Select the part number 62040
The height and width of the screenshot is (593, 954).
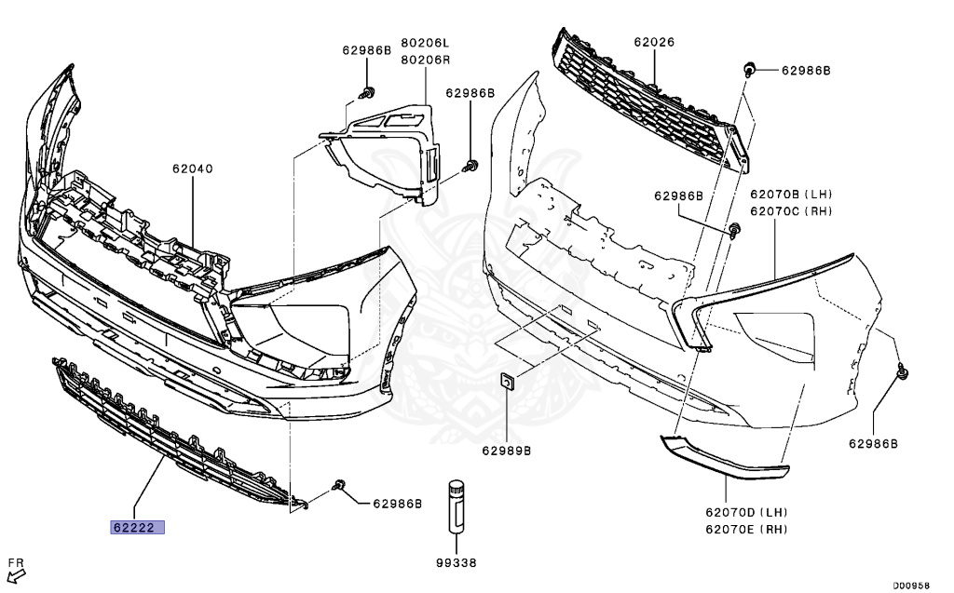pyautogui.click(x=192, y=169)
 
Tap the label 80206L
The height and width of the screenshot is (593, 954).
pyautogui.click(x=425, y=44)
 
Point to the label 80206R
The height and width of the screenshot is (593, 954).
pyautogui.click(x=425, y=60)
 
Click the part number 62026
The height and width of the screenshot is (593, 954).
pyautogui.click(x=654, y=42)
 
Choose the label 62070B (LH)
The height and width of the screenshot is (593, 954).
pyautogui.click(x=791, y=195)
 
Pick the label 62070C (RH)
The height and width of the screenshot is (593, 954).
pyautogui.click(x=791, y=210)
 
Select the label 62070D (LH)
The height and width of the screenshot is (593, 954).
pyautogui.click(x=746, y=513)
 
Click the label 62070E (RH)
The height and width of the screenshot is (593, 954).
pyautogui.click(x=746, y=529)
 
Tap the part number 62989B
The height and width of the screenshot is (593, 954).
pyautogui.click(x=506, y=451)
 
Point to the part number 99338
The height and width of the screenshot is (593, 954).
pyautogui.click(x=456, y=562)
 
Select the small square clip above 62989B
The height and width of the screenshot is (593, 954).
pyautogui.click(x=507, y=382)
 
